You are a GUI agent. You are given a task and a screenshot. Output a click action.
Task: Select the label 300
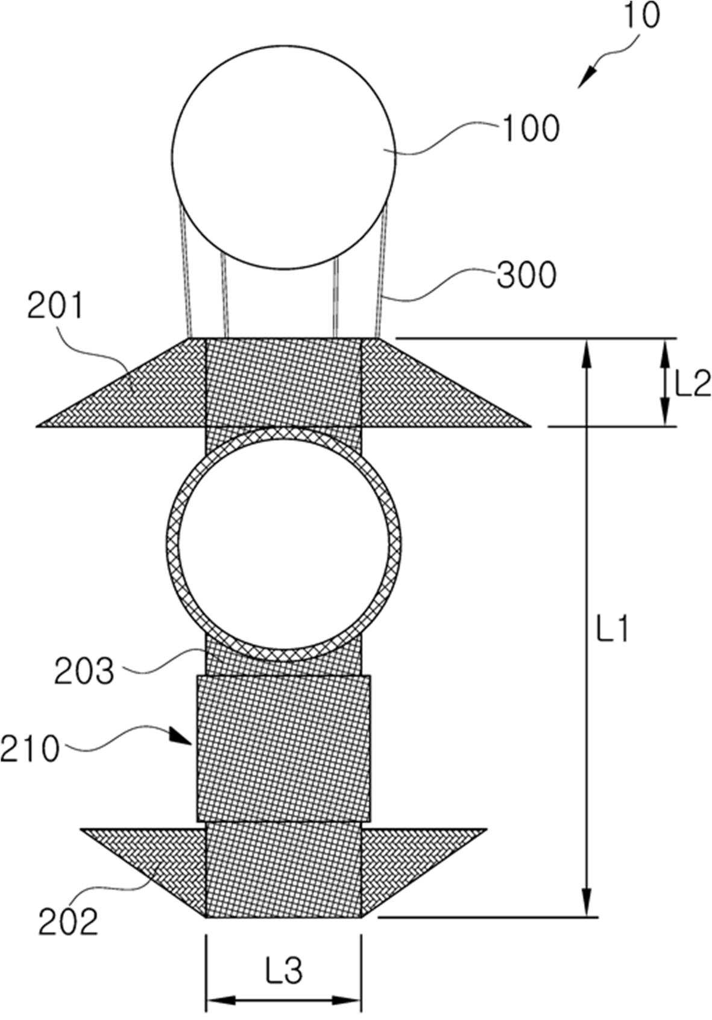527,275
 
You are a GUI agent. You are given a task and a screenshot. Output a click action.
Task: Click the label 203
84,671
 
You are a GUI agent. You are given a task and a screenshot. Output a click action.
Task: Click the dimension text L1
613,628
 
